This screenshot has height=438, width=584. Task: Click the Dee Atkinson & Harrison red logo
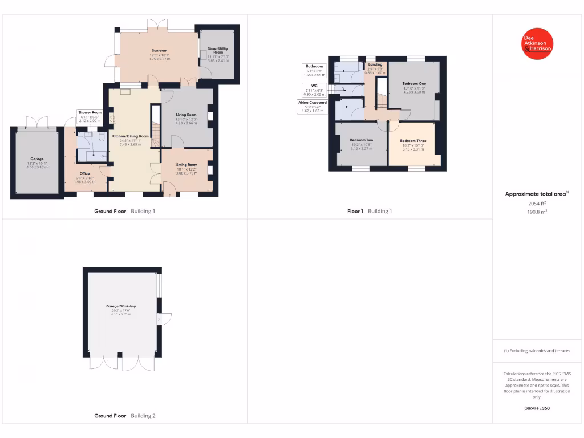(x=537, y=43)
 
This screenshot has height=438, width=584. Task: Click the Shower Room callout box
(x=90, y=117)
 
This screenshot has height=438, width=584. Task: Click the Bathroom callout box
(x=314, y=70)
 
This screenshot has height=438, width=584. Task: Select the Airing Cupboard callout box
(x=313, y=107)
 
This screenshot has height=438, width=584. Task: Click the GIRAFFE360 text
(x=537, y=408)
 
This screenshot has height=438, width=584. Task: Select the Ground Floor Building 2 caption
(x=124, y=416)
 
